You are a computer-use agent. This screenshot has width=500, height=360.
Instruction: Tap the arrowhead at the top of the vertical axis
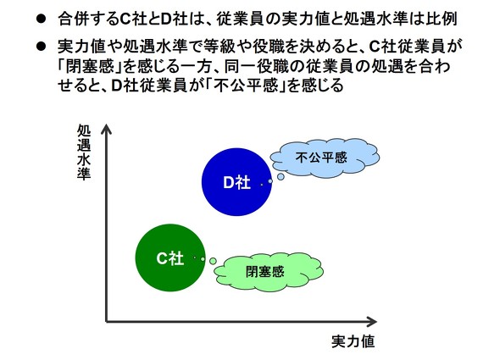[x=106, y=129]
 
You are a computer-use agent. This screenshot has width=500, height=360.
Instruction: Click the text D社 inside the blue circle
[x=236, y=182]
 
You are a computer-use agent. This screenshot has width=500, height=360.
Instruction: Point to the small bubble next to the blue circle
[x=269, y=180]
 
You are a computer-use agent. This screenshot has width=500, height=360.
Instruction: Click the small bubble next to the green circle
[x=213, y=261]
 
